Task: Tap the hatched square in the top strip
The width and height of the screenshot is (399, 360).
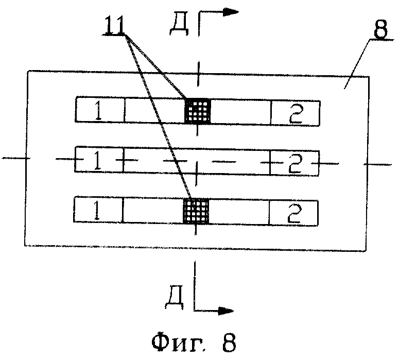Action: click(x=198, y=111)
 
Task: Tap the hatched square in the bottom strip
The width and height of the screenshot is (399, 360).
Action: click(x=197, y=210)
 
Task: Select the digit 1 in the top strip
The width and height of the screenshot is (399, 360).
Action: click(x=97, y=112)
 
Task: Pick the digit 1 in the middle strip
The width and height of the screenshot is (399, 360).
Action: click(x=96, y=161)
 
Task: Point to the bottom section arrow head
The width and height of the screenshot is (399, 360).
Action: click(x=227, y=310)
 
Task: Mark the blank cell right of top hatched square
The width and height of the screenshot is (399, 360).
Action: click(x=240, y=111)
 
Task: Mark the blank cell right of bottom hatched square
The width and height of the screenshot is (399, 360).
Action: click(x=240, y=211)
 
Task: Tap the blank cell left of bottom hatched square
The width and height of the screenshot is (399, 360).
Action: click(x=153, y=211)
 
